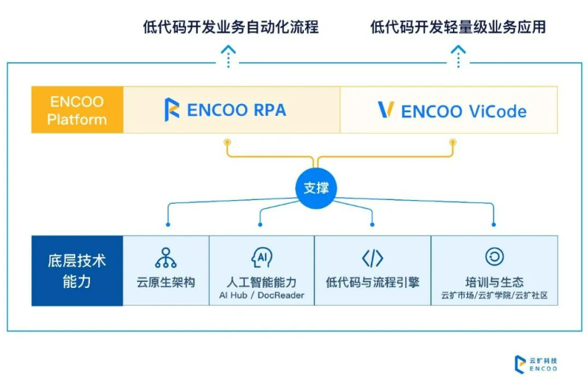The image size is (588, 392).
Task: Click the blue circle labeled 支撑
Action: [316, 188]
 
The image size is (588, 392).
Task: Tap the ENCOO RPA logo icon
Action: [171, 110]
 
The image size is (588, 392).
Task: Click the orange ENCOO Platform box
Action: [77, 110]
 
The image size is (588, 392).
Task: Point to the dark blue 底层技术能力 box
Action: [77, 270]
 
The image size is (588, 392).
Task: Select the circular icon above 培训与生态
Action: [494, 257]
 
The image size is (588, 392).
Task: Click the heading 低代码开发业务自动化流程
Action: [230, 28]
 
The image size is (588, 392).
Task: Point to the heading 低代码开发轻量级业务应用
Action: [457, 28]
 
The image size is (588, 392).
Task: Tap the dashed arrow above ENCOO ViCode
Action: [458, 55]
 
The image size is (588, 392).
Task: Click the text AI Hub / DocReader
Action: [262, 296]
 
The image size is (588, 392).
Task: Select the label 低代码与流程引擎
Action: [372, 282]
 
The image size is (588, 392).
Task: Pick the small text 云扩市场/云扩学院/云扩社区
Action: [494, 296]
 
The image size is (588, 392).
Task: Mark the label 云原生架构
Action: [166, 282]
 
